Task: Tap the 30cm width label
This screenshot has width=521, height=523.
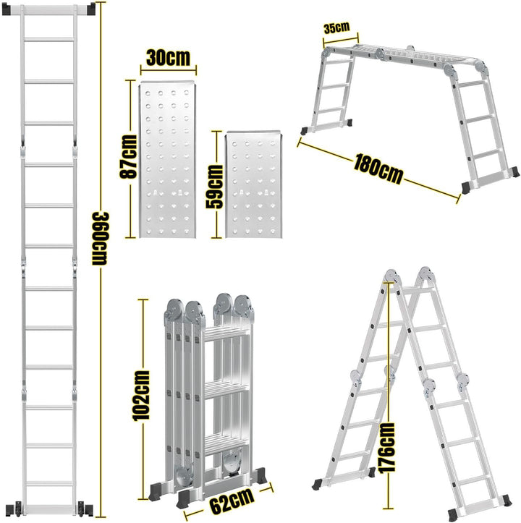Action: pos(168,59)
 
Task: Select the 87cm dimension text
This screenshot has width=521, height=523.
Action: pos(128,158)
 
